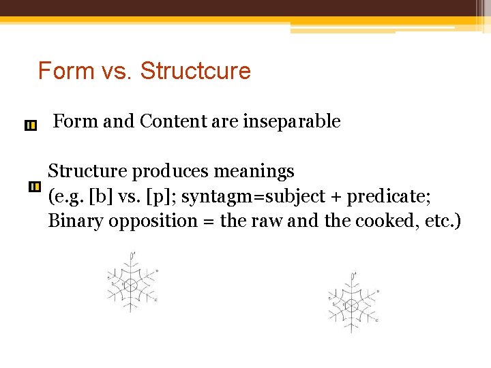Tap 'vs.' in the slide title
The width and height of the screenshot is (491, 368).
coord(115,71)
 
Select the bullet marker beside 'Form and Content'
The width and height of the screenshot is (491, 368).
coord(30,125)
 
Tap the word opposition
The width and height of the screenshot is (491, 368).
coord(140,221)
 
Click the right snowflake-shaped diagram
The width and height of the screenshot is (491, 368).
coord(352,303)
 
